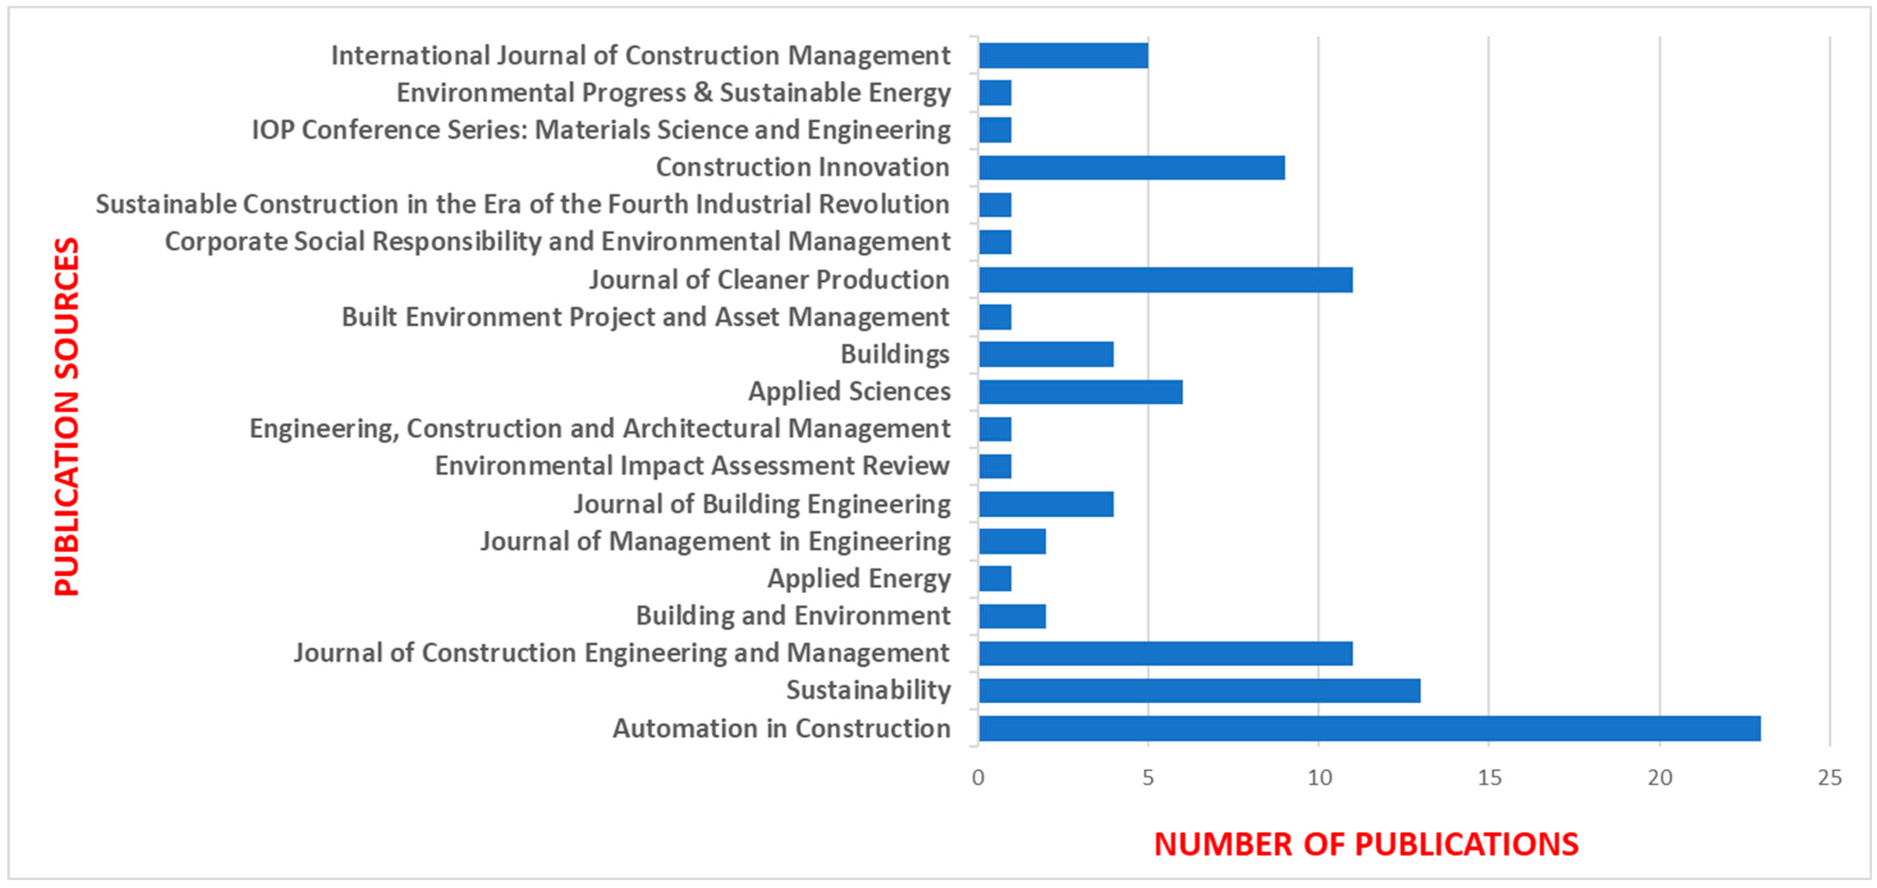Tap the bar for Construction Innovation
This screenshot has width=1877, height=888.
1131,168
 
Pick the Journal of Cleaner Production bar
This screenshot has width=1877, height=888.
1165,280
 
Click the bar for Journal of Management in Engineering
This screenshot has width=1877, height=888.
1012,542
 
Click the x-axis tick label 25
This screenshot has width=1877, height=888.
1829,778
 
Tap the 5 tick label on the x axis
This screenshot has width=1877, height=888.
1148,778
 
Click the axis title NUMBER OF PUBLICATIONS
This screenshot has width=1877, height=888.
1366,844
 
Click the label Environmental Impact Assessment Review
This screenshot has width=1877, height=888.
692,466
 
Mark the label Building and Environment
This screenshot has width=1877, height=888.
793,616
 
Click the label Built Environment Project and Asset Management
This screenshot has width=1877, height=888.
646,317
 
